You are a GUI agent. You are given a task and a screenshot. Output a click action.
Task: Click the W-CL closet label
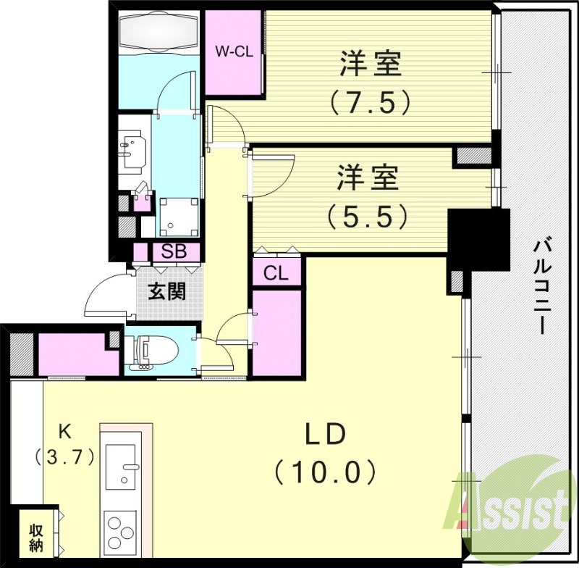pos(234,51)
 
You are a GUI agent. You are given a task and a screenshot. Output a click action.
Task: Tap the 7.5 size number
pos(371,101)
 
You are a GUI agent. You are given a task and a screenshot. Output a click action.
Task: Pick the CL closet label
pos(276,273)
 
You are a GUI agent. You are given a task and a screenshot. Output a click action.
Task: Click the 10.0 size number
pos(326,473)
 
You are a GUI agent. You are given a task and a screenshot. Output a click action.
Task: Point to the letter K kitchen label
pos(64,432)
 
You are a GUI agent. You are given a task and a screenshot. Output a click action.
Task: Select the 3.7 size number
pos(64,457)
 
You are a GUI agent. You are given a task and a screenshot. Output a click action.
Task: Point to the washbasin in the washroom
pos(132,151)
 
